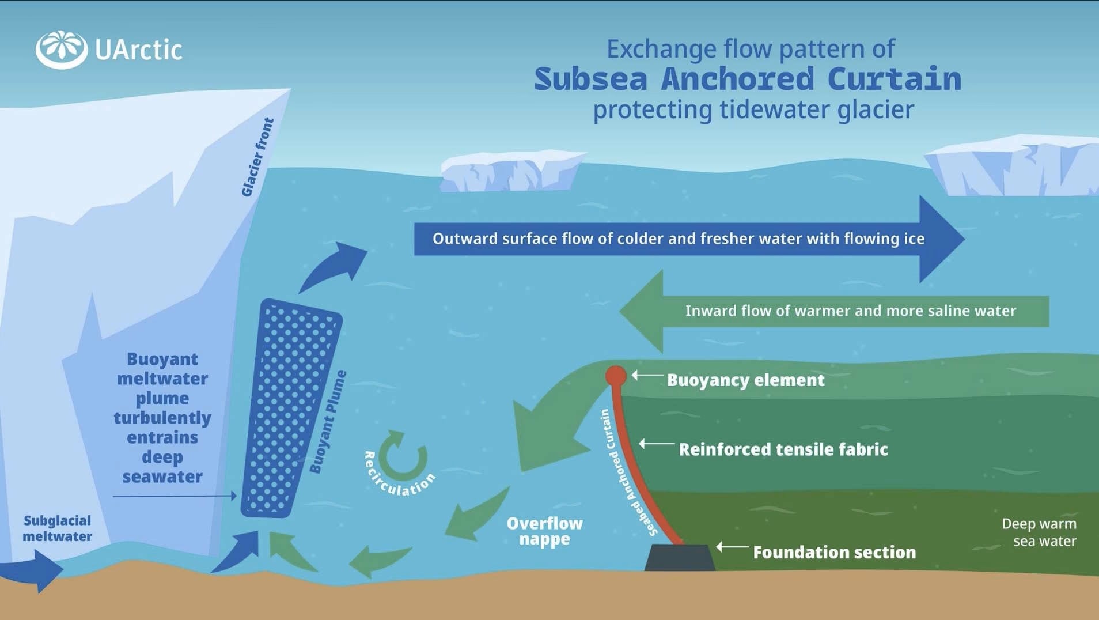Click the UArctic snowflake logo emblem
click(62, 50)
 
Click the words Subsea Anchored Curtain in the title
click(748, 79)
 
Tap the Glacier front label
click(257, 157)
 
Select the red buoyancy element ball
click(616, 376)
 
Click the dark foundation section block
click(680, 557)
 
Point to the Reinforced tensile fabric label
click(783, 449)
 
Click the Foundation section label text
click(835, 552)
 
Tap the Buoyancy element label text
click(746, 380)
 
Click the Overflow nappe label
click(545, 531)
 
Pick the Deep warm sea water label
click(1039, 532)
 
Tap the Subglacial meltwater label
click(57, 528)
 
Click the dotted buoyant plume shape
click(291, 408)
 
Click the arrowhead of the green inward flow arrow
click(641, 311)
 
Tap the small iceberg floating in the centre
click(511, 171)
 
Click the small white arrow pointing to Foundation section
click(732, 546)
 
